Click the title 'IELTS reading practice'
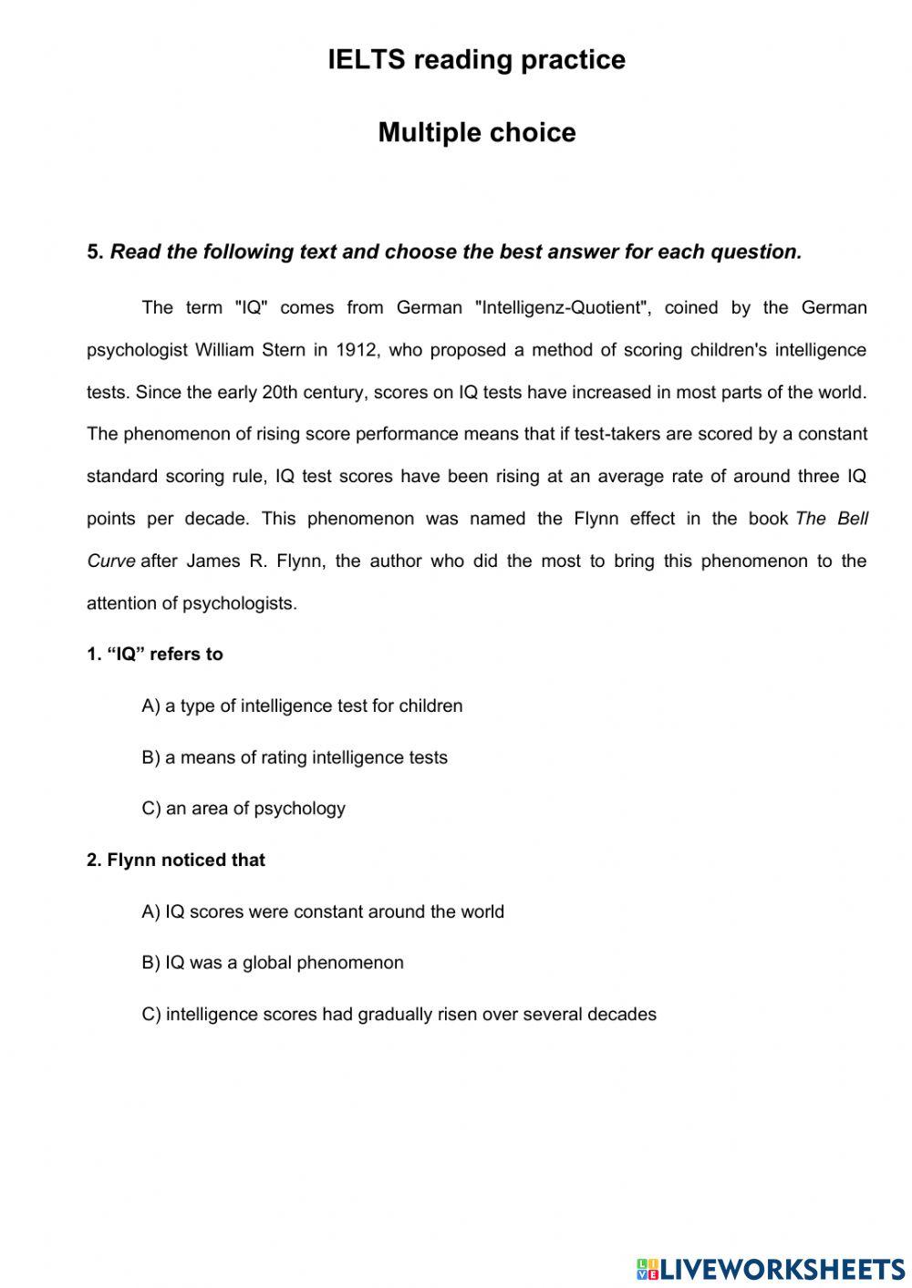[x=476, y=60]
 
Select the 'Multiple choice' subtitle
[x=476, y=133]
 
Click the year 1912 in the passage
[x=357, y=350]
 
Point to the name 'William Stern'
[x=250, y=350]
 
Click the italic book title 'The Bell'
[x=832, y=519]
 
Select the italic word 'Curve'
[x=110, y=562]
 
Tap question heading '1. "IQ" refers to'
[x=155, y=654]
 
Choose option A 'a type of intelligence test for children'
[x=302, y=706]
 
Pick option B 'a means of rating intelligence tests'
[x=295, y=757]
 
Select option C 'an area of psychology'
[x=244, y=809]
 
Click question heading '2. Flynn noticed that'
[x=176, y=860]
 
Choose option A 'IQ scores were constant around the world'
[x=323, y=912]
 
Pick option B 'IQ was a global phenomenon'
[x=273, y=963]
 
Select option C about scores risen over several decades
[x=399, y=1015]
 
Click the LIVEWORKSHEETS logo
[x=771, y=1268]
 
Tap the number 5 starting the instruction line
[x=94, y=252]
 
